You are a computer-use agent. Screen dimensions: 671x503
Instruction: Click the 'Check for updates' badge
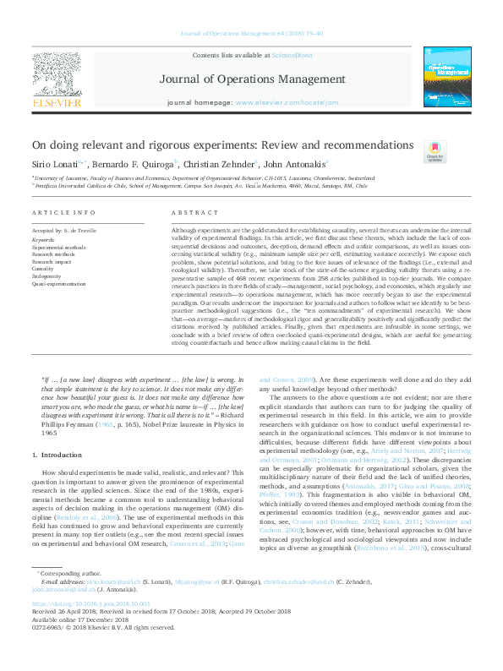coord(435,151)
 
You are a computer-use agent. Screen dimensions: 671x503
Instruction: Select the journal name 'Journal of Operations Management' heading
coord(251,80)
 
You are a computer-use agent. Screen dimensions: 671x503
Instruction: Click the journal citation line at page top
coord(251,34)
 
